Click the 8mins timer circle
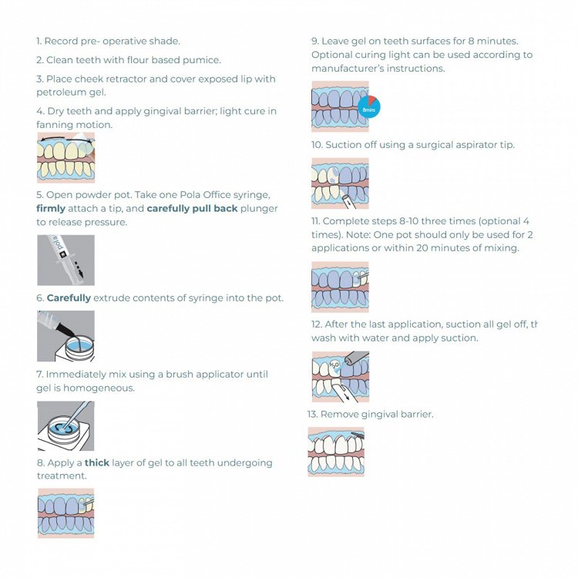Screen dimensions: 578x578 369,106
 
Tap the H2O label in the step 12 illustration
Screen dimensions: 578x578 334,365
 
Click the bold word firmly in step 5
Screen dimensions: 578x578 51,209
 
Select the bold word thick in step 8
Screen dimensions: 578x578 97,462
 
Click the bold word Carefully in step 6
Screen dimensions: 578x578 69,297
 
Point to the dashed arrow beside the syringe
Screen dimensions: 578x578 79,270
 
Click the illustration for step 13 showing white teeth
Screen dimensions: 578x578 336,452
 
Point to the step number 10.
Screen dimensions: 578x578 317,145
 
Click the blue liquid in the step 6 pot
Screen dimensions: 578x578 79,346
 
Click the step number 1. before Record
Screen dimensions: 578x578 39,41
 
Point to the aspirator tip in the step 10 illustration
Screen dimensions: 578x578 347,202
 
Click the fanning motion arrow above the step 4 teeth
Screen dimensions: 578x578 66,139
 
